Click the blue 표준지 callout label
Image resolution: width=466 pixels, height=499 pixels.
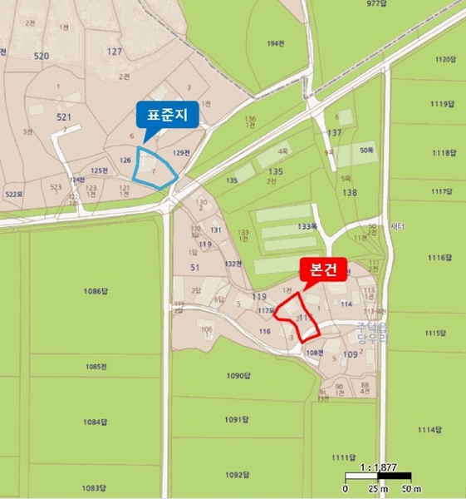point(168,116)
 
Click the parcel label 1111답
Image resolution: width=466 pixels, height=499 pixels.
point(343,458)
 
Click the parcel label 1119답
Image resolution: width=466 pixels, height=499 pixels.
point(444,106)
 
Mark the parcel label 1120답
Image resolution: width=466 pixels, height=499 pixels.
point(446,59)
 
